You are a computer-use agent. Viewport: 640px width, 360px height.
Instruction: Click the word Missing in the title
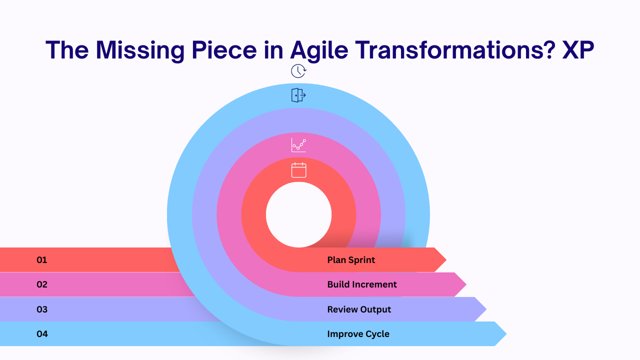(140, 50)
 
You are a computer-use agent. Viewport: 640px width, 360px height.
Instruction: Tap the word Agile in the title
(319, 50)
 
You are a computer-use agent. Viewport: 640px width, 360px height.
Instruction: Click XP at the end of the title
(578, 49)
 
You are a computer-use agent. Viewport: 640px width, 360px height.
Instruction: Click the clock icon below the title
(298, 71)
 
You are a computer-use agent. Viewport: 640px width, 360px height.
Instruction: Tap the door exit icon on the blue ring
(298, 95)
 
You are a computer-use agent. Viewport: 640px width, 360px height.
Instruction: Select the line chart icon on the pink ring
(298, 145)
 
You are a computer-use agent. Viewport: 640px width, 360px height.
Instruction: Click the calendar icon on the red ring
(298, 170)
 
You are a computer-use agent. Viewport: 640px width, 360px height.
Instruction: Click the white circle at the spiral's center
(298, 215)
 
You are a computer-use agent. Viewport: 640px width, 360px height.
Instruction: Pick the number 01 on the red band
(41, 260)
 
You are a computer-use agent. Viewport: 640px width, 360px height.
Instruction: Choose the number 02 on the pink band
(42, 284)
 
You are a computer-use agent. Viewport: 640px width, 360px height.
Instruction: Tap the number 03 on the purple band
(42, 309)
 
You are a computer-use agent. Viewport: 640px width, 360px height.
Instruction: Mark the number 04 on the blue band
(42, 334)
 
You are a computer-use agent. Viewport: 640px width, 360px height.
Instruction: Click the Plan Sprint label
(351, 260)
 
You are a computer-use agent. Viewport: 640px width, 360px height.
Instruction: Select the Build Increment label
(361, 284)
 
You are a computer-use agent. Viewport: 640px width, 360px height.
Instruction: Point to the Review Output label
(359, 309)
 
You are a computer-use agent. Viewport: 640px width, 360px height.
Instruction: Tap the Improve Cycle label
(358, 334)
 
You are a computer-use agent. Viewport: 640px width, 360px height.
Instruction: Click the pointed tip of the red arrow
(446, 259)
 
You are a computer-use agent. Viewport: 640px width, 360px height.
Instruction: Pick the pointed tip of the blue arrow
(506, 333)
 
